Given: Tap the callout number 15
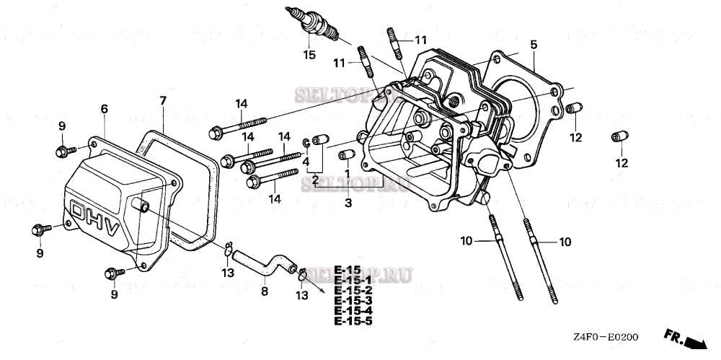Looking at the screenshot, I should (309, 55).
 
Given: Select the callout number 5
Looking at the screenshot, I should (533, 45).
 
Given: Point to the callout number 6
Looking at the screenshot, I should (104, 108).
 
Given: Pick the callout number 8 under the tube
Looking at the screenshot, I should (264, 291).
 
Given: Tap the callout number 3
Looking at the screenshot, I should (348, 203).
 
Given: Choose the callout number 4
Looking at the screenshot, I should (306, 162).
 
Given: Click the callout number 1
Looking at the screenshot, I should (347, 174).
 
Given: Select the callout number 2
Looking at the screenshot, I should (315, 179).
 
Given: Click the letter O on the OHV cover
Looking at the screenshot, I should (78, 210).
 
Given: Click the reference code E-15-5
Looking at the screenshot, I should (353, 320).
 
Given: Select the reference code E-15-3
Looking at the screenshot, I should (353, 300).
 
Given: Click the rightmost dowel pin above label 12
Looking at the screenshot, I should (617, 137).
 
